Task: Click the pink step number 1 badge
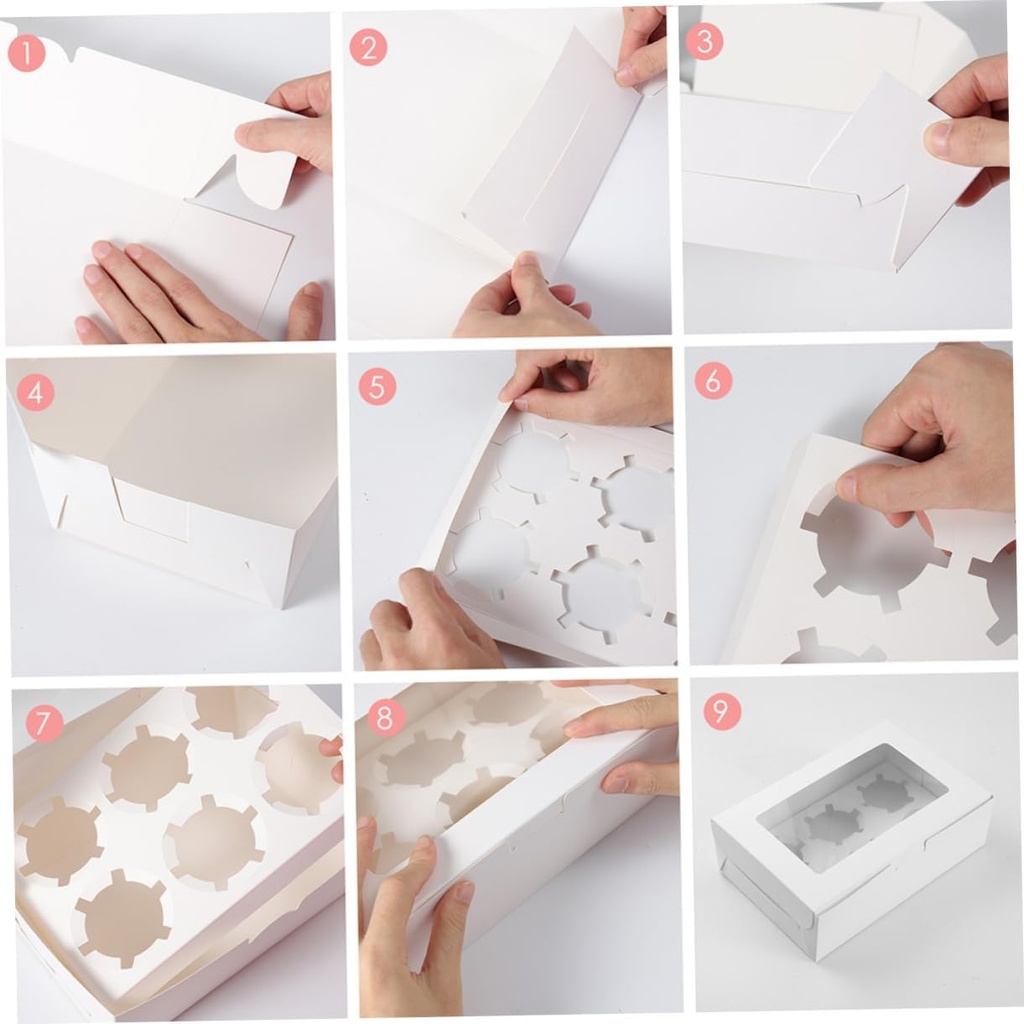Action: [27, 53]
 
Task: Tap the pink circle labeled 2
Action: [368, 47]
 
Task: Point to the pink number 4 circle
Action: [35, 393]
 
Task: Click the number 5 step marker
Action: [377, 386]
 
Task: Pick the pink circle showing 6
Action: [713, 380]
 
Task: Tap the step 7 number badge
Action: [43, 723]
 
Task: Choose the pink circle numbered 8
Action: [386, 717]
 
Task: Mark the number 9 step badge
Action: [722, 711]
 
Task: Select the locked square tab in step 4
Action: [150, 508]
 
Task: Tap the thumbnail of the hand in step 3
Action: [939, 138]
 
